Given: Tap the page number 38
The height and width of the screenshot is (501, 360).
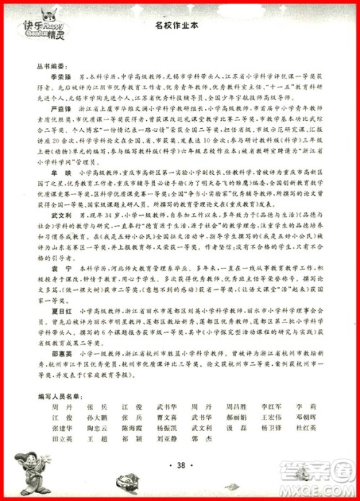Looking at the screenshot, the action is click(x=179, y=465).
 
